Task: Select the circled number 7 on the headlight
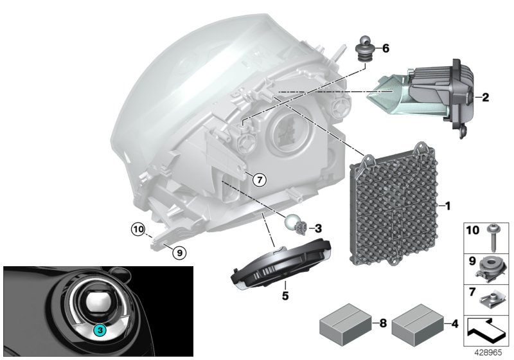click(258, 180)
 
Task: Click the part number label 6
click(385, 48)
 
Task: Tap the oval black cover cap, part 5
click(280, 266)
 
